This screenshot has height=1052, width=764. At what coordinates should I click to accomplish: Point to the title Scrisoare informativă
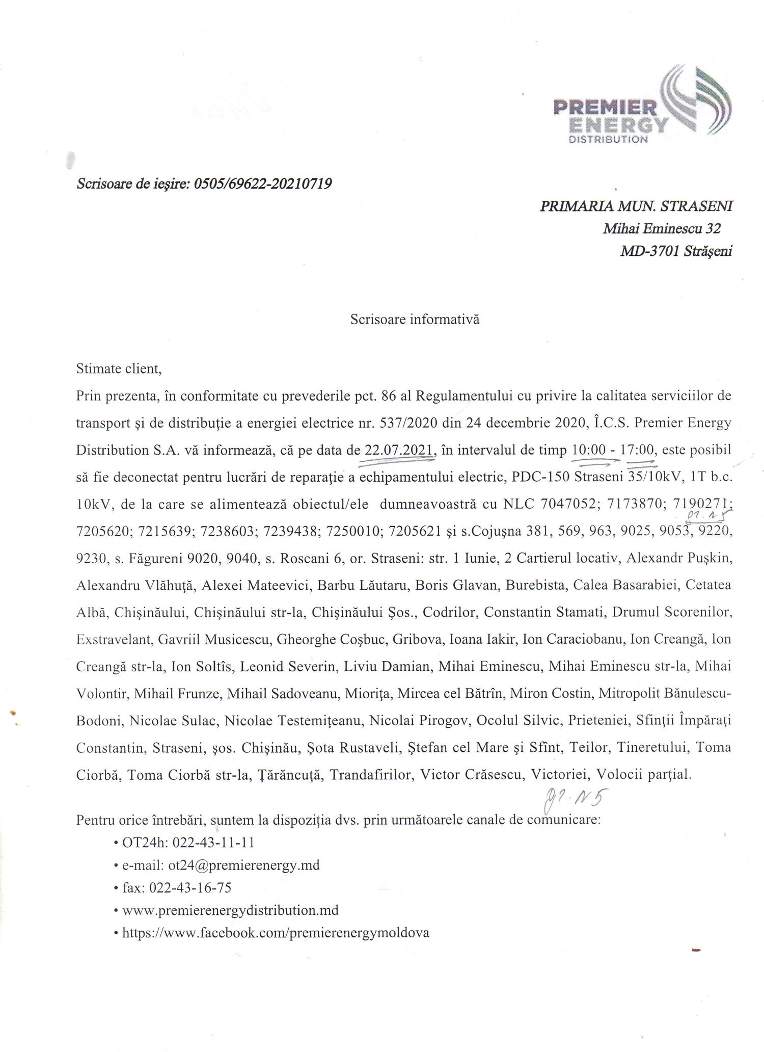415,320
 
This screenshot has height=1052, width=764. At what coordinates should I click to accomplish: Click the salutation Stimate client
119,369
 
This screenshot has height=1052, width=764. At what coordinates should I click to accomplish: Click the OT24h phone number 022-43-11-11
213,843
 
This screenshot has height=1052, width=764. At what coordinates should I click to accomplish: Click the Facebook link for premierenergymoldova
276,933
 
